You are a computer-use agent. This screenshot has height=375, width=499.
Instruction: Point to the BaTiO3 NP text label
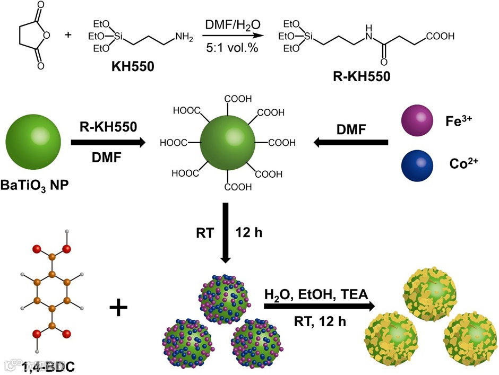click(35, 186)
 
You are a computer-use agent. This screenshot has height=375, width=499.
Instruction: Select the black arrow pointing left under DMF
click(350, 142)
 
